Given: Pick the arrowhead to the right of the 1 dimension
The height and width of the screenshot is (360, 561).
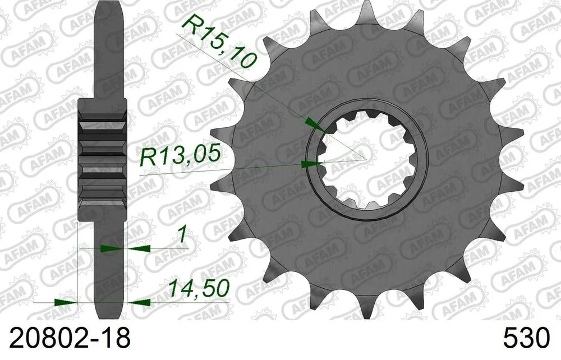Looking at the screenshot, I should coord(140,247).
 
